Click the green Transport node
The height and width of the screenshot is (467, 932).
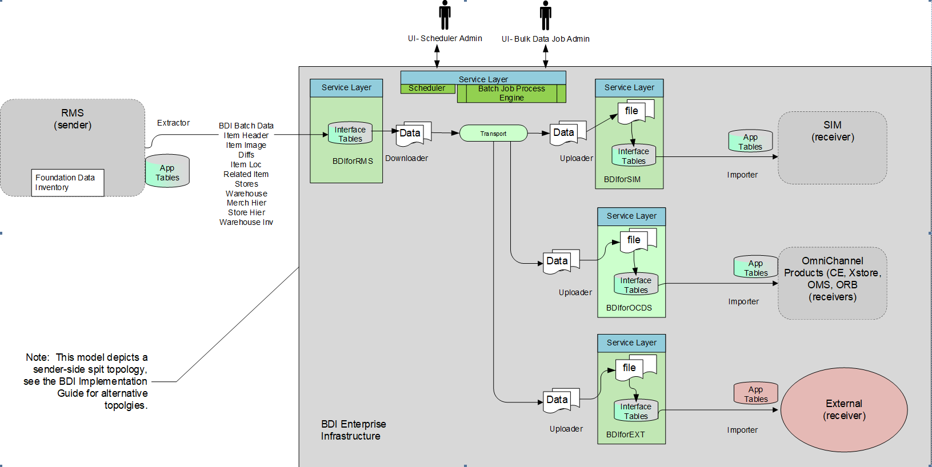pyautogui.click(x=493, y=133)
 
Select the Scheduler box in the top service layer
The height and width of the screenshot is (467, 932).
pyautogui.click(x=427, y=88)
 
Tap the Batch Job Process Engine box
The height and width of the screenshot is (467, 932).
pyautogui.click(x=511, y=93)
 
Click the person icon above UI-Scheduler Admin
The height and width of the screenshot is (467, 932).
pyautogui.click(x=445, y=15)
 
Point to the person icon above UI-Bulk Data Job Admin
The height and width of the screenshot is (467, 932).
pyautogui.click(x=546, y=15)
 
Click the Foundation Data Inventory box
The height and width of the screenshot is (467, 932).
pyautogui.click(x=67, y=183)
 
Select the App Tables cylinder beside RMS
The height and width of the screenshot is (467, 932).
pyautogui.click(x=167, y=171)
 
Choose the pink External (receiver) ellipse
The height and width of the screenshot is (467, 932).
pyautogui.click(x=844, y=410)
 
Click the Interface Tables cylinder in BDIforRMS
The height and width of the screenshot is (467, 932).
pyautogui.click(x=350, y=134)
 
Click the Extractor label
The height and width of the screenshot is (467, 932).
pyautogui.click(x=173, y=123)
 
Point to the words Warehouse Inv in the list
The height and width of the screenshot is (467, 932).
pyautogui.click(x=246, y=222)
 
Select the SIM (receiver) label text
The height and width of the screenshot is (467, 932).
pyautogui.click(x=832, y=131)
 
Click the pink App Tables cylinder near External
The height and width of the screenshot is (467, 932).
pyautogui.click(x=755, y=393)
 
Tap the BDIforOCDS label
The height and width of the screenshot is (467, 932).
pyautogui.click(x=629, y=308)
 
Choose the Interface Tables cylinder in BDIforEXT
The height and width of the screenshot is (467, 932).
pyautogui.click(x=635, y=410)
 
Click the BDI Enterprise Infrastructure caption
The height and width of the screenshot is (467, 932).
pyautogui.click(x=353, y=430)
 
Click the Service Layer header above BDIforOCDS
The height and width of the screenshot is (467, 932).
pyautogui.click(x=631, y=216)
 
